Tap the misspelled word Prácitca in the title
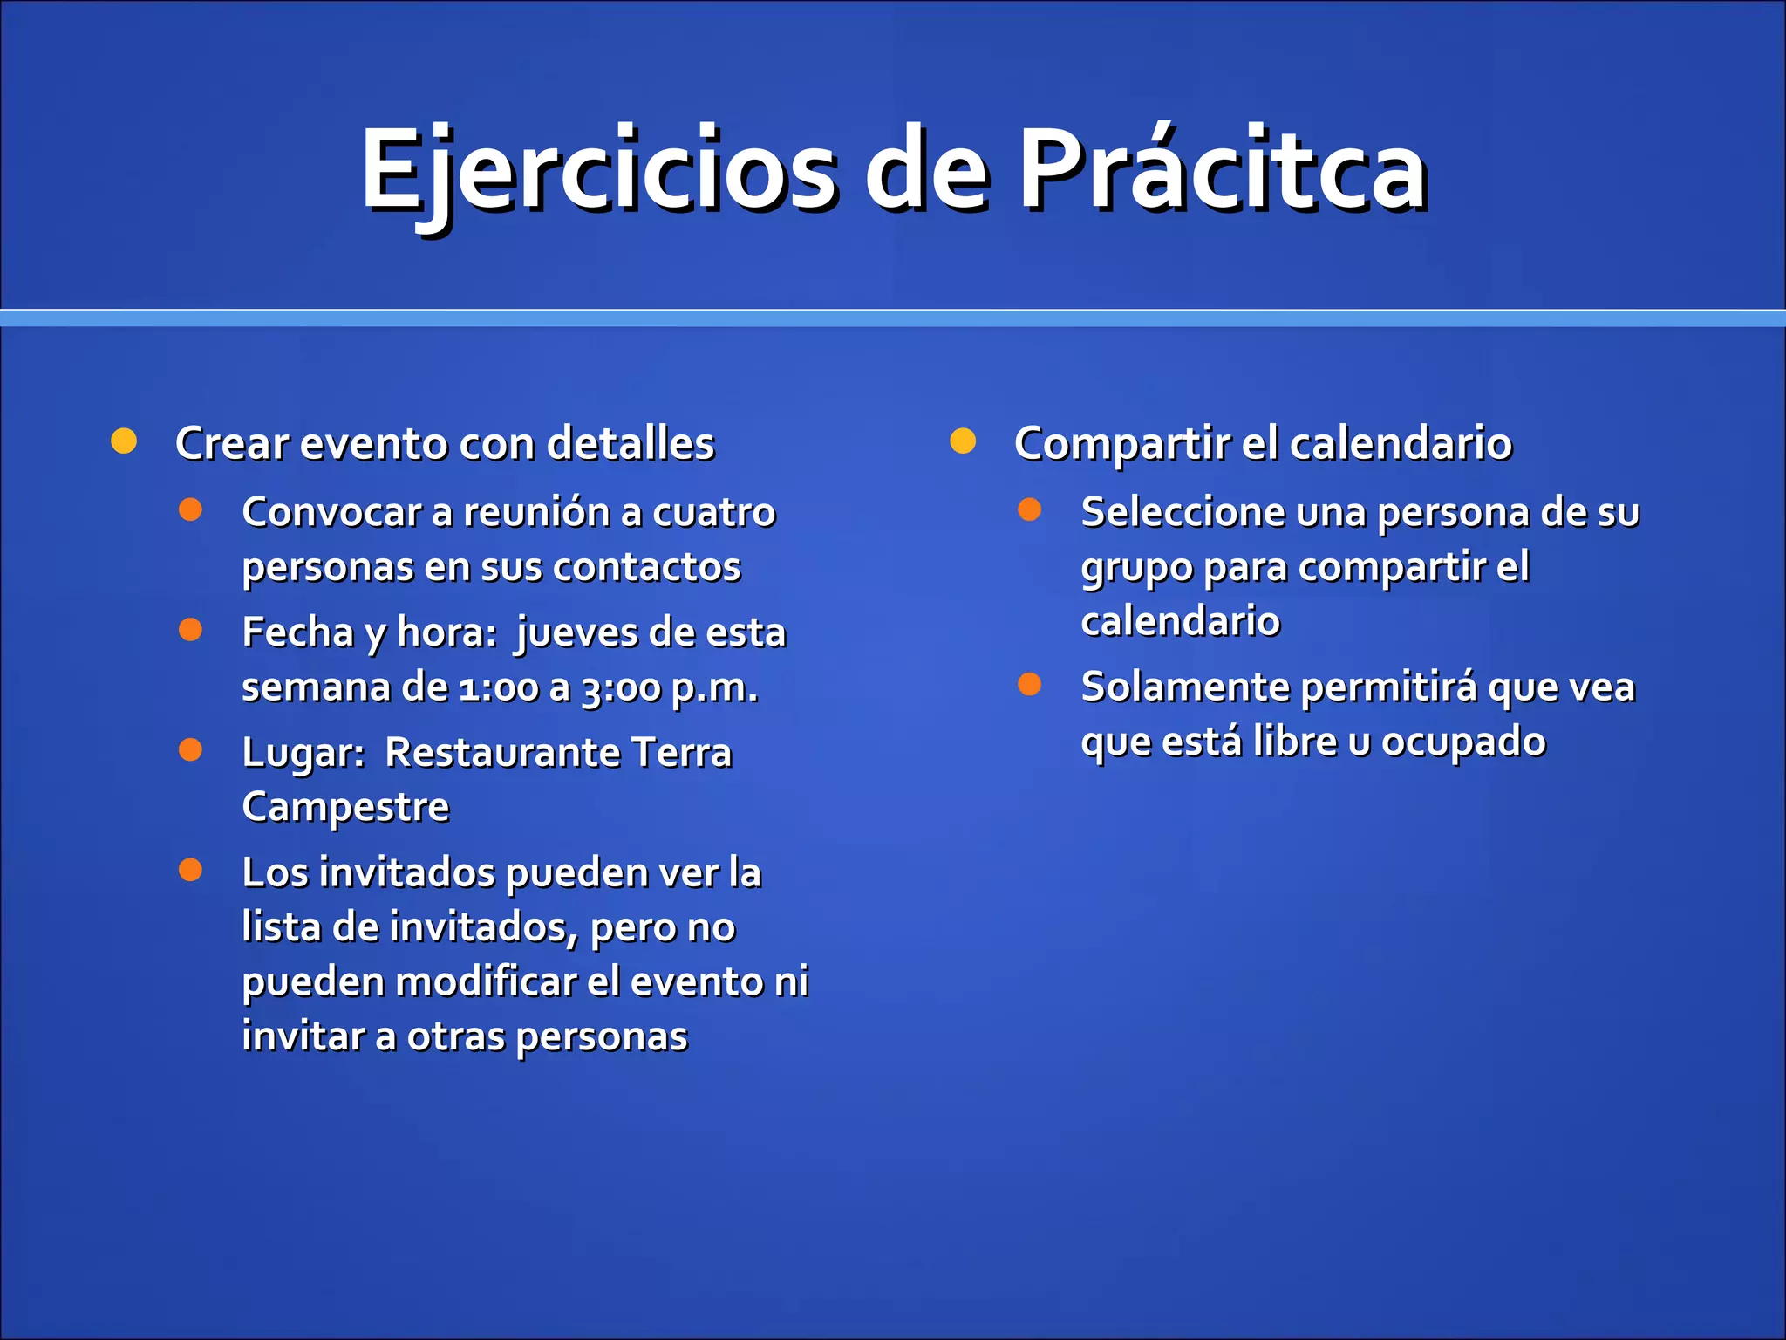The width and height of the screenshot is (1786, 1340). click(1221, 170)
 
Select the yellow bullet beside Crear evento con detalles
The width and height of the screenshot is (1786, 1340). click(124, 441)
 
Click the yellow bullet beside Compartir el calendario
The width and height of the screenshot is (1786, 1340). click(963, 441)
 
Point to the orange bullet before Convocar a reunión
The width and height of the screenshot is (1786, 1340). click(190, 509)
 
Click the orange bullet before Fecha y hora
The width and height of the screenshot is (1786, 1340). click(190, 630)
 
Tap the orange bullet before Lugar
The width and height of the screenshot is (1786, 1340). click(190, 749)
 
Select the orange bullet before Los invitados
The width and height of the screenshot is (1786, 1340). click(190, 869)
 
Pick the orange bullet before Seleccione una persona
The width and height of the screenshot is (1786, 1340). click(1029, 509)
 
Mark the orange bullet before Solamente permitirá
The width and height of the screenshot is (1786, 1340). click(1029, 684)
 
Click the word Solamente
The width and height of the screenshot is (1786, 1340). click(1185, 687)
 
